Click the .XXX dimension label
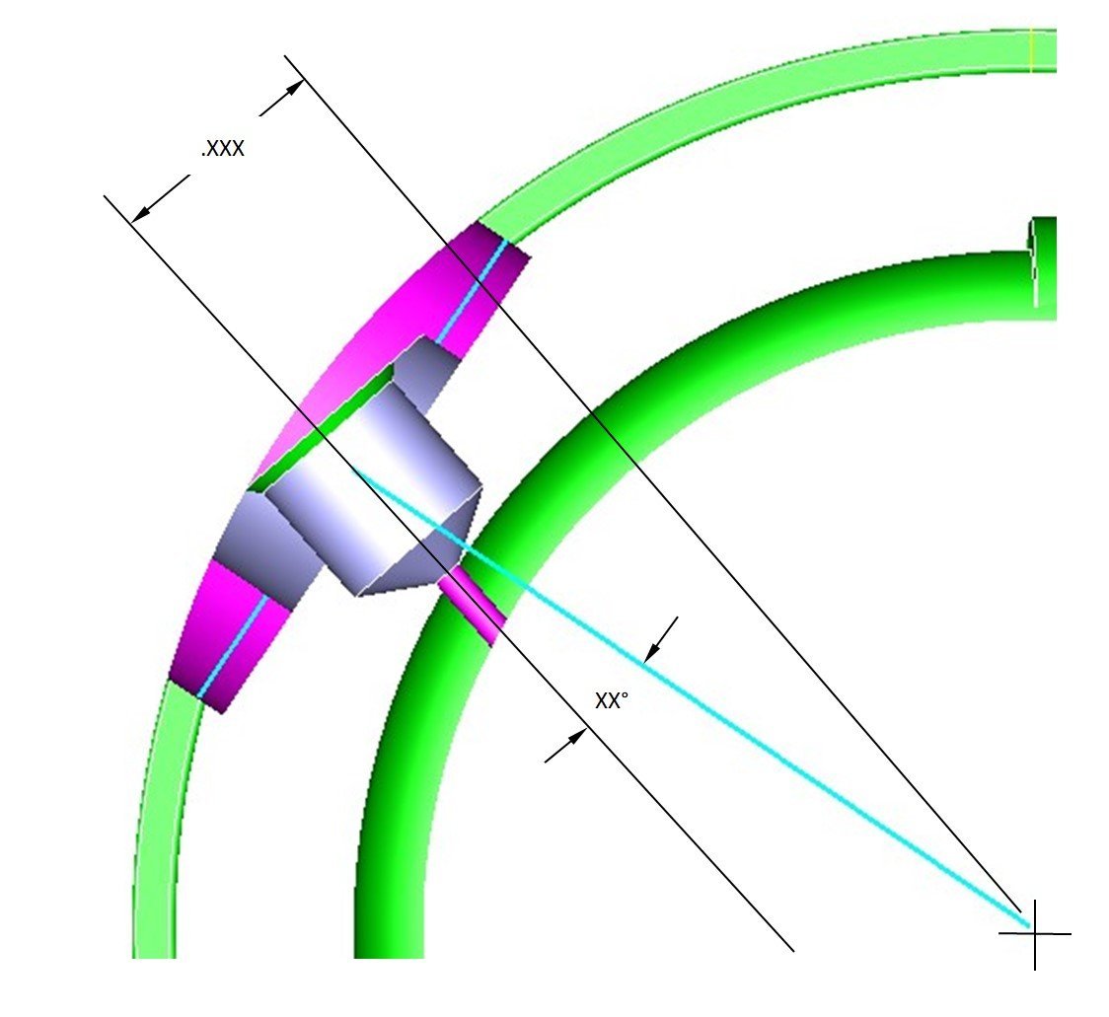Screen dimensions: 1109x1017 coord(223,149)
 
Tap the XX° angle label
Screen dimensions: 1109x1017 coord(612,701)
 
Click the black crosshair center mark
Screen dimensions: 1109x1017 coord(1035,933)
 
